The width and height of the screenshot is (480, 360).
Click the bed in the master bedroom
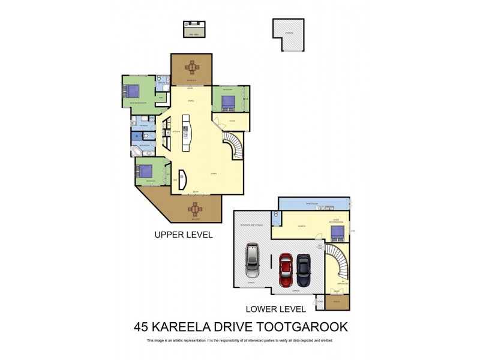coord(131,92)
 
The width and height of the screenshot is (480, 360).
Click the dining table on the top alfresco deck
coord(191,66)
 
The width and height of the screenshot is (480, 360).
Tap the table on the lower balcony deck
coord(195,209)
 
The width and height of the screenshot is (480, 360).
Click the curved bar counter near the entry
coord(182,179)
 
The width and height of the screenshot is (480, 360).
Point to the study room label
coord(232,121)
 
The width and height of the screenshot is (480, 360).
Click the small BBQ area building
coord(194,30)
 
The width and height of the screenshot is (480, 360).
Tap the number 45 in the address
coord(142,327)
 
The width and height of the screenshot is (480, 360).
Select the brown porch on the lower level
coord(337,303)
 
